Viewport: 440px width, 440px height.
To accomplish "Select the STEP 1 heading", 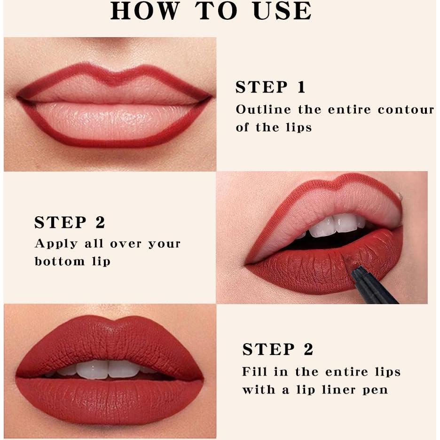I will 270,87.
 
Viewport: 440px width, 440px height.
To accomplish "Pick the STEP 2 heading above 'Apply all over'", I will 70,222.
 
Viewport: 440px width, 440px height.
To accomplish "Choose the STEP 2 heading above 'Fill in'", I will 277,349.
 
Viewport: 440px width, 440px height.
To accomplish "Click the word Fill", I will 254,372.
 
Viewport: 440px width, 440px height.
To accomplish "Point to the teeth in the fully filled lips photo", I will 108,369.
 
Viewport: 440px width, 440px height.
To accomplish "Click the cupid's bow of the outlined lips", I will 114,76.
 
